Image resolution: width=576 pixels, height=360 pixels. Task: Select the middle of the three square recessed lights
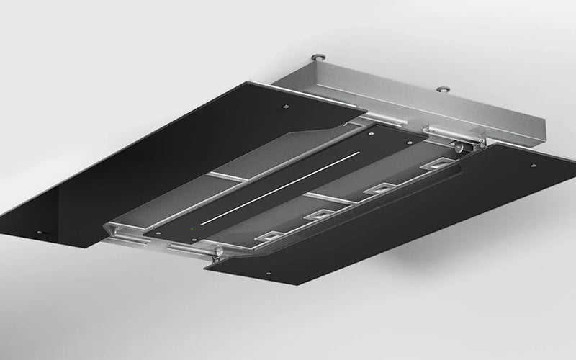click(317, 215)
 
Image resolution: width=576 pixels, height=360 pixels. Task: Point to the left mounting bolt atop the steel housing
click(318, 56)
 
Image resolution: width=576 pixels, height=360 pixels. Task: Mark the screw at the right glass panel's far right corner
click(533, 165)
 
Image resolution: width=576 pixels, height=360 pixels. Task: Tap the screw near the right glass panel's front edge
click(268, 274)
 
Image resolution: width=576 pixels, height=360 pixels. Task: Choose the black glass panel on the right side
click(403, 216)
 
